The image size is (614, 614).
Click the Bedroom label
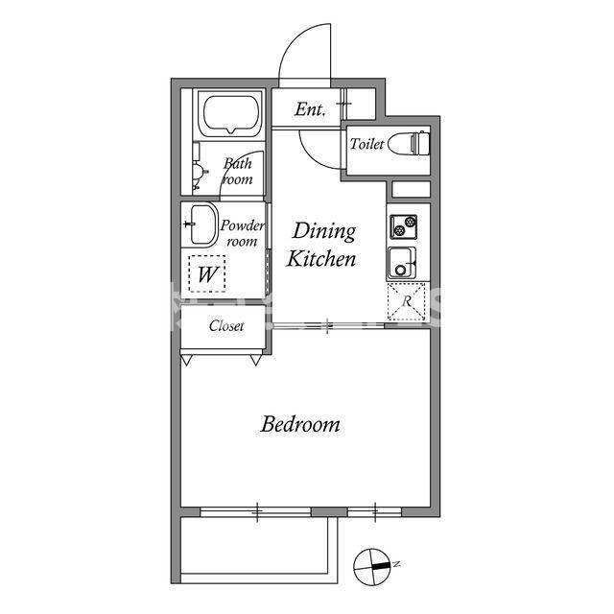[300, 424]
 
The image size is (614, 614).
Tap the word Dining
[324, 232]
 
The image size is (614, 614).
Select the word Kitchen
[321, 259]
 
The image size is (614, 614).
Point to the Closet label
[226, 326]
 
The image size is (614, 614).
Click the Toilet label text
[366, 144]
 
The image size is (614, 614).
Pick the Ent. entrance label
[310, 109]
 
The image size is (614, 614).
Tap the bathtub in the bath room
[231, 113]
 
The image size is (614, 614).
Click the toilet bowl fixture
[409, 143]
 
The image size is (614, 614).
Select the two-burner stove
[403, 226]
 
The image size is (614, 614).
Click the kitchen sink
[402, 263]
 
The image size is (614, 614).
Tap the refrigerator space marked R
[406, 301]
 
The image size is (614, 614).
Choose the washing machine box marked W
[207, 273]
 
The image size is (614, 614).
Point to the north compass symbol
[372, 567]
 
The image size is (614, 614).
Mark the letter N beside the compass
[396, 564]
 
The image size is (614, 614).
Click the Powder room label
[243, 233]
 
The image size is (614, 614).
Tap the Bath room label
[238, 171]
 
